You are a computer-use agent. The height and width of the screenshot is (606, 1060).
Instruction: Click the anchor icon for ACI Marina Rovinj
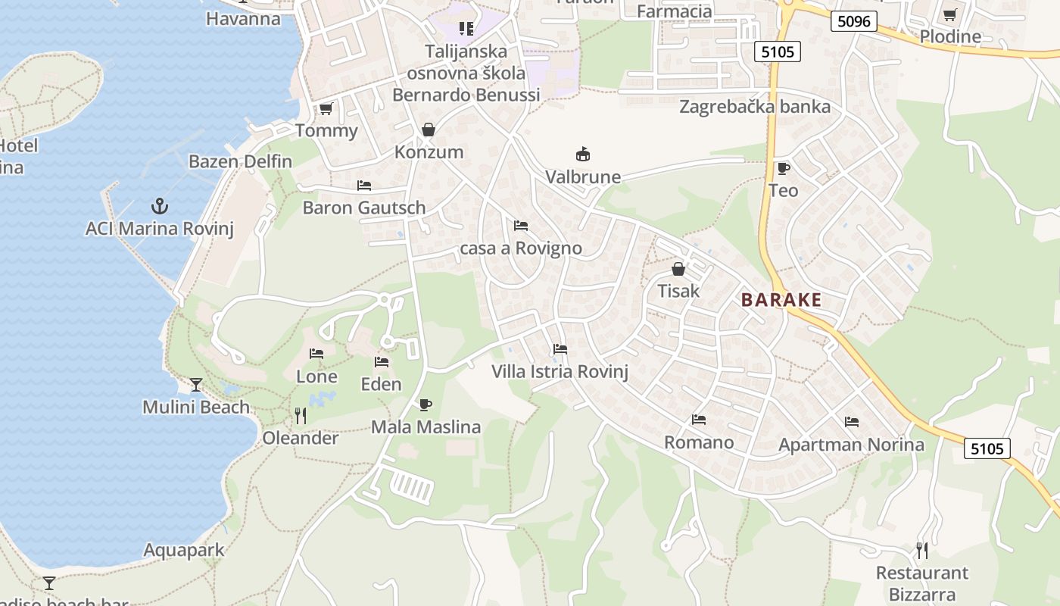coord(160,206)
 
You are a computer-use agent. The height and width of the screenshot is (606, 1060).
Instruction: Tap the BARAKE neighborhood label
coord(781,300)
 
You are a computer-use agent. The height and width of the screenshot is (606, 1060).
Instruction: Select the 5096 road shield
coord(854,21)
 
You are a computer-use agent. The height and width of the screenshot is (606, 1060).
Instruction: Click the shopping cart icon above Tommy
coord(326,109)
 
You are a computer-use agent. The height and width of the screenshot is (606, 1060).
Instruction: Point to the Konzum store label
coord(429,151)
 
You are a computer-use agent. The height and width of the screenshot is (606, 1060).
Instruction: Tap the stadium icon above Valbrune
coord(583,155)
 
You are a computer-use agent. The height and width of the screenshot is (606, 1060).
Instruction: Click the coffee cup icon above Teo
coord(783,168)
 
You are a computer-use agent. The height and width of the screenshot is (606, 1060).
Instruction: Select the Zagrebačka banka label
coord(754,107)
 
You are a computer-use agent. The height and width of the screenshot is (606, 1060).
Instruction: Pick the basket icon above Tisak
coord(678,269)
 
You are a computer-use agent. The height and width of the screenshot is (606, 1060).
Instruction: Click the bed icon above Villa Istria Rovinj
coord(560,349)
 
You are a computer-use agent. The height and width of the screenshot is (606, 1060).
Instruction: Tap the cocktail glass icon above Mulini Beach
coord(196,385)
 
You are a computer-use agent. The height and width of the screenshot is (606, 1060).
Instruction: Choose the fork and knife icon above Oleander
coord(301,415)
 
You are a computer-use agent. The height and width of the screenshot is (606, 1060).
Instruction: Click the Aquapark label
coord(184,550)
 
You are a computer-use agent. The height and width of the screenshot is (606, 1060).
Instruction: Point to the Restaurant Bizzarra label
coord(921,583)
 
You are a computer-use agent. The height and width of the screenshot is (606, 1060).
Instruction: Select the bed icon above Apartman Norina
coord(852,422)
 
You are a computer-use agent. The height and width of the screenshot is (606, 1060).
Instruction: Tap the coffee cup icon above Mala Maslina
coord(426,405)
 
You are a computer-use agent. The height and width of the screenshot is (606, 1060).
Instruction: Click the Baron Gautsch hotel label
coord(364,208)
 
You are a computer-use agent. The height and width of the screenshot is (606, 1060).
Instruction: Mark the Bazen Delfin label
coord(240,161)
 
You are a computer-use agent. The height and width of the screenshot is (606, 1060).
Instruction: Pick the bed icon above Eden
coord(382,362)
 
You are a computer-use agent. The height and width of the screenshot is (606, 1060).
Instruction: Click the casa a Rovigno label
coord(521,248)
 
